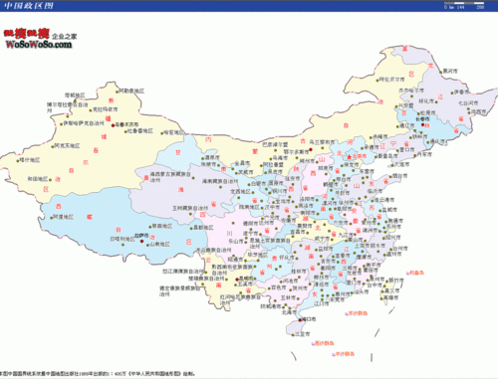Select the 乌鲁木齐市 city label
124,122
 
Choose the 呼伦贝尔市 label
391,77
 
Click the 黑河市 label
450,72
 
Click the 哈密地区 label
171,131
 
